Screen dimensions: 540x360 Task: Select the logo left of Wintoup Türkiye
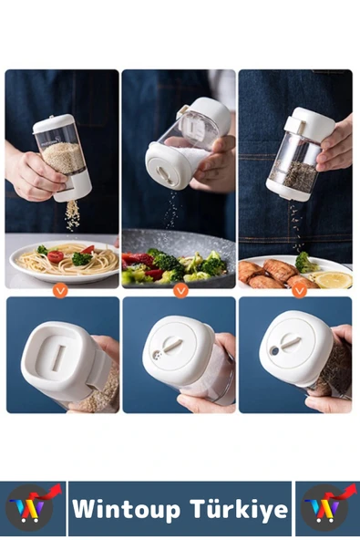click(33, 507)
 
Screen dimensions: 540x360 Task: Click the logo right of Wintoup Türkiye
click(326, 507)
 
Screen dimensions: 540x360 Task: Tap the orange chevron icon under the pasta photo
click(61, 290)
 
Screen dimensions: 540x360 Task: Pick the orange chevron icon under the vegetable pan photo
click(180, 290)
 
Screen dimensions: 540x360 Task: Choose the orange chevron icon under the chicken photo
click(298, 290)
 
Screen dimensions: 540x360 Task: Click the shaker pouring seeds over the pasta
click(65, 157)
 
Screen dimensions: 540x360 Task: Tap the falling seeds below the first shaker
click(71, 215)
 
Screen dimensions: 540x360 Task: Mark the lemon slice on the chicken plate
click(333, 279)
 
